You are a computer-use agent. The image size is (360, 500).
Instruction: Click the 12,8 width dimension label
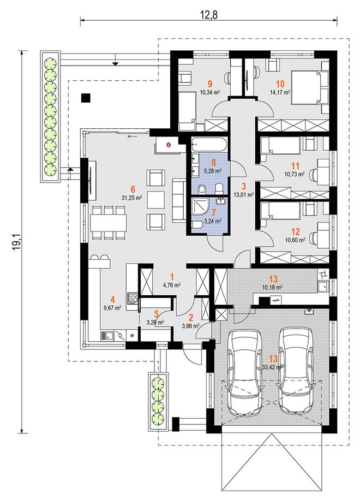click(x=209, y=14)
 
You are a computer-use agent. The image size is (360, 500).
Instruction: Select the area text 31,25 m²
click(x=131, y=198)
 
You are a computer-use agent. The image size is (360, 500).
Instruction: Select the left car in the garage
click(x=245, y=372)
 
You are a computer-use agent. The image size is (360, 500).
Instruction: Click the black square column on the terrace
click(x=86, y=98)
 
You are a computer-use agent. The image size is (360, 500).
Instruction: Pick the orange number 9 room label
click(x=209, y=84)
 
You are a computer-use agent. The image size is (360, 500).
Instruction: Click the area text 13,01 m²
click(x=243, y=194)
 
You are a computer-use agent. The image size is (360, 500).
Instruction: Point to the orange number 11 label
click(x=295, y=165)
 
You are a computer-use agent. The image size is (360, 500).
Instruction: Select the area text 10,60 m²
click(x=295, y=240)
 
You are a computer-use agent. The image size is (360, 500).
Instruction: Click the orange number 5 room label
click(x=156, y=314)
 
